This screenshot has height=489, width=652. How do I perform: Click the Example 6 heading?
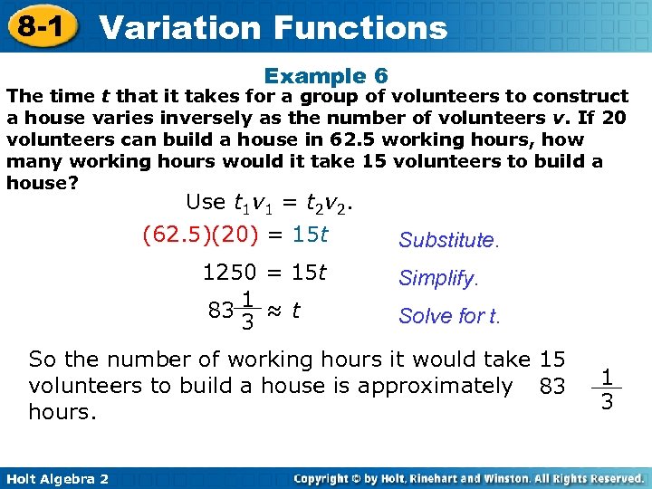326,76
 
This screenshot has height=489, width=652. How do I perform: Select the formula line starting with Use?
269,202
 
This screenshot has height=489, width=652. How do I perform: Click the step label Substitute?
448,241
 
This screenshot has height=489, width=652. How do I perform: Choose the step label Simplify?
438,279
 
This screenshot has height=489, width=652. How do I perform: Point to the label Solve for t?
448,317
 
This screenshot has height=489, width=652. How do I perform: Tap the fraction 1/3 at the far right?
607,388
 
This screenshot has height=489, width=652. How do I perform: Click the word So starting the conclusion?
42,360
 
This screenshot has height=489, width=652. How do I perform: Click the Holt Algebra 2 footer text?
55,478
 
